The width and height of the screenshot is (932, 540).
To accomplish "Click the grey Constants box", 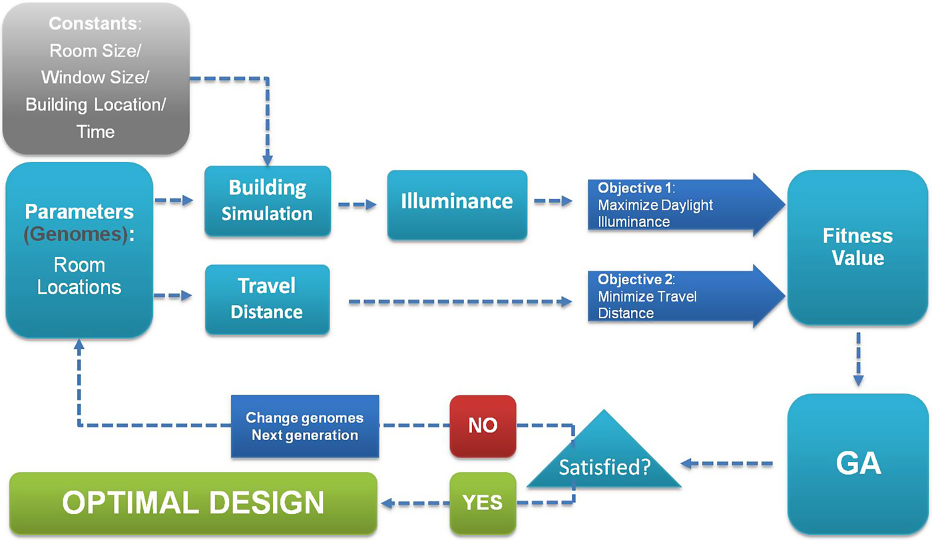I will (96, 79).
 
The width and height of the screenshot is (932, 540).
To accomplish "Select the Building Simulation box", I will (267, 201).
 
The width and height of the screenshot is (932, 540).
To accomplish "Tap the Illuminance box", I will (457, 202).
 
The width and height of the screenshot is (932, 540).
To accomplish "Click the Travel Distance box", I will (267, 299).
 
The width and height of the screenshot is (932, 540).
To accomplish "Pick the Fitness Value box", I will (857, 247).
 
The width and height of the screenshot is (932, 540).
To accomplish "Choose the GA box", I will (857, 463).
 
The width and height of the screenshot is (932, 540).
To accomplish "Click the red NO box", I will (483, 425).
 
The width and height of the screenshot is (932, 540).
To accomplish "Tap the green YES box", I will (483, 503).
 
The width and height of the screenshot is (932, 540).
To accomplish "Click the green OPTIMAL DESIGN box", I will (193, 503).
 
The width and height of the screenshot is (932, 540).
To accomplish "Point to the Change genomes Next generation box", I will (305, 426).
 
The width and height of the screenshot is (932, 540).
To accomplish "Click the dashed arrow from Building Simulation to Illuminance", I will (358, 205).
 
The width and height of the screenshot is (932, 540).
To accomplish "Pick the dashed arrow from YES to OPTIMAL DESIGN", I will (413, 503).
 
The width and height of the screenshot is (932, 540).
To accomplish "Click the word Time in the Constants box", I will (95, 131).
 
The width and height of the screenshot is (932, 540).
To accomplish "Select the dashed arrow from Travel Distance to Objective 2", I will (459, 302).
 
